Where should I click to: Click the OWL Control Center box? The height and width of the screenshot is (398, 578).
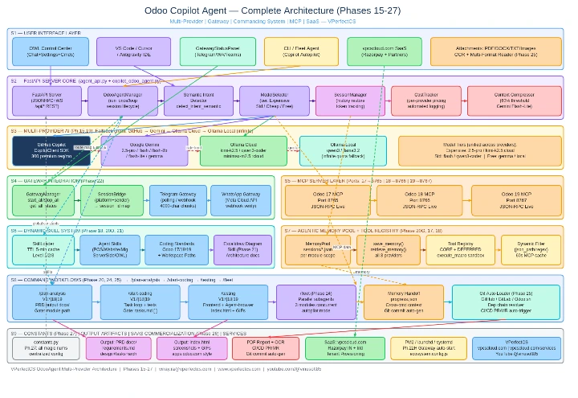51,51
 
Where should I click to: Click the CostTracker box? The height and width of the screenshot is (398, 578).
426,102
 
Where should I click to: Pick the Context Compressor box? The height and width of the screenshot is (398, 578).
504,102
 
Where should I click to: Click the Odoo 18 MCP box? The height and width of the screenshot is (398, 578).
420,201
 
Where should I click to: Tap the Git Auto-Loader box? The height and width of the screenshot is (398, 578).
506,302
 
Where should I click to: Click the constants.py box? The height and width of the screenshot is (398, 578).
47,348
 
